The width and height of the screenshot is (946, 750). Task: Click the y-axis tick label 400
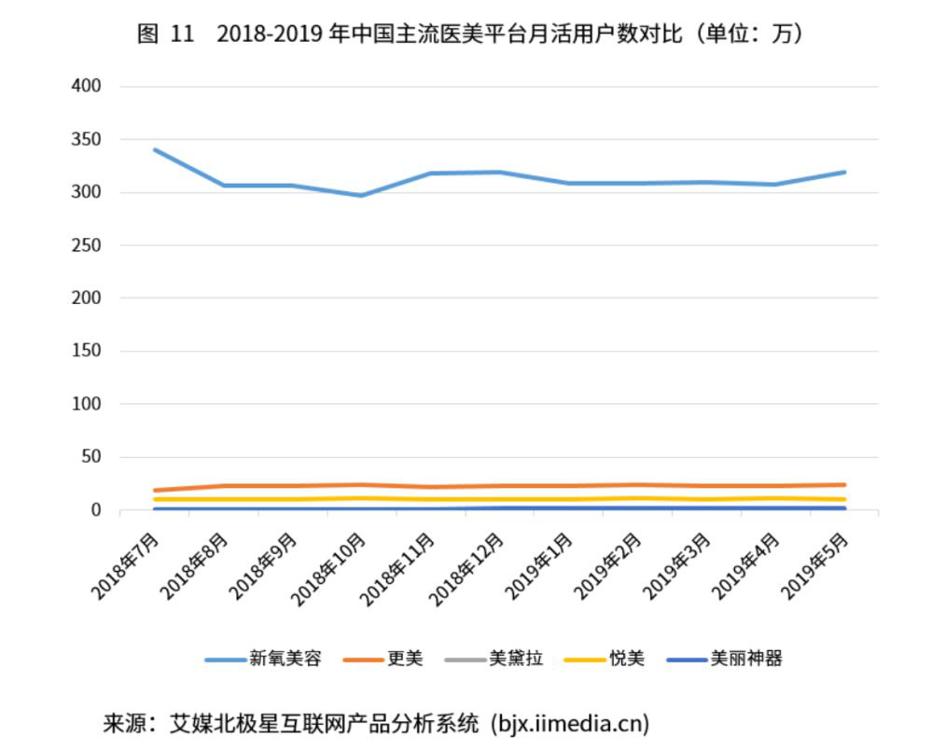click(86, 86)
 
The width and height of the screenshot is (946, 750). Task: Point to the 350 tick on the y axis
click(86, 139)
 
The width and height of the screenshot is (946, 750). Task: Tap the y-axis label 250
click(86, 245)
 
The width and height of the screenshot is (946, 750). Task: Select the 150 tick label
click(86, 352)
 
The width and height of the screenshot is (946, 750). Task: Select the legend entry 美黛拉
click(516, 659)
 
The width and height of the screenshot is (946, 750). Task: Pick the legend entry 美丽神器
click(745, 659)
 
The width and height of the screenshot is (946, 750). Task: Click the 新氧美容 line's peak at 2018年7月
click(155, 149)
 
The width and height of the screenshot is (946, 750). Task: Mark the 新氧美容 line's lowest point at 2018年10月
click(362, 195)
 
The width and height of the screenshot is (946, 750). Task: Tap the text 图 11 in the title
click(165, 35)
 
